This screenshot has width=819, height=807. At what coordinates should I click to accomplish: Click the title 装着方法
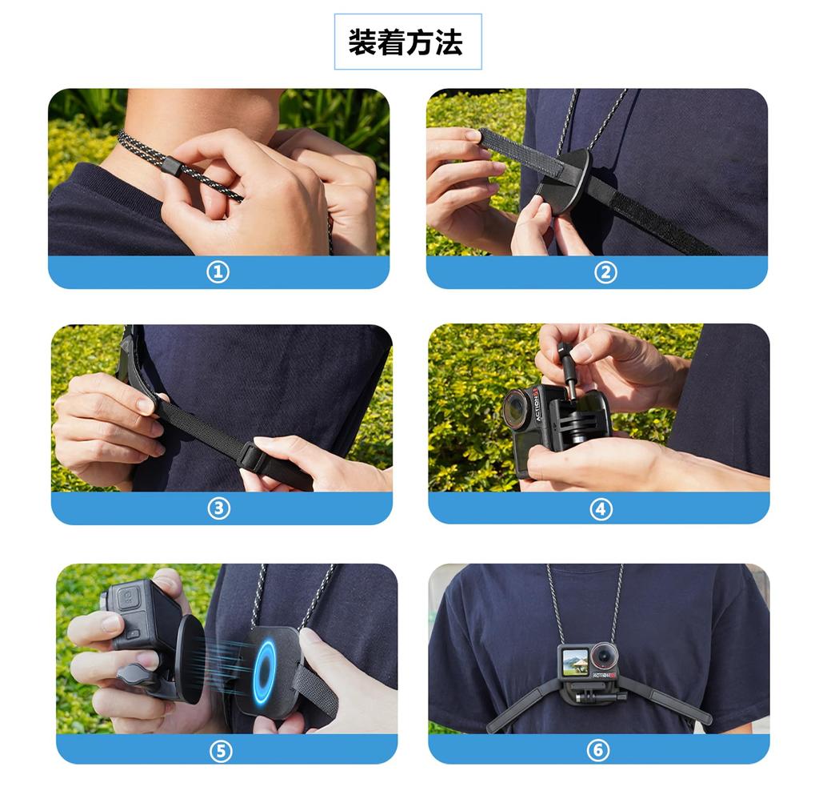pyautogui.click(x=406, y=42)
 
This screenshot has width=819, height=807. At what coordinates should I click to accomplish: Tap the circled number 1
pyautogui.click(x=218, y=272)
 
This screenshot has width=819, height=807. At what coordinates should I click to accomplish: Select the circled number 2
pyautogui.click(x=605, y=272)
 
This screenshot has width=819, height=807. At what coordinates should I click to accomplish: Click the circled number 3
pyautogui.click(x=219, y=508)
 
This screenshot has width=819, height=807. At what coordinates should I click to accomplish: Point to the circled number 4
pyautogui.click(x=601, y=508)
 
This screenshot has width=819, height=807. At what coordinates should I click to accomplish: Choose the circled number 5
pyautogui.click(x=221, y=750)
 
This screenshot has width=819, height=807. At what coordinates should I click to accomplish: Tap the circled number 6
pyautogui.click(x=598, y=750)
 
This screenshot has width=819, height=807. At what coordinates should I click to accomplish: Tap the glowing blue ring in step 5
pyautogui.click(x=265, y=672)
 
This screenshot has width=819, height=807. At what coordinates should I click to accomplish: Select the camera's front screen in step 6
pyautogui.click(x=574, y=661)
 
